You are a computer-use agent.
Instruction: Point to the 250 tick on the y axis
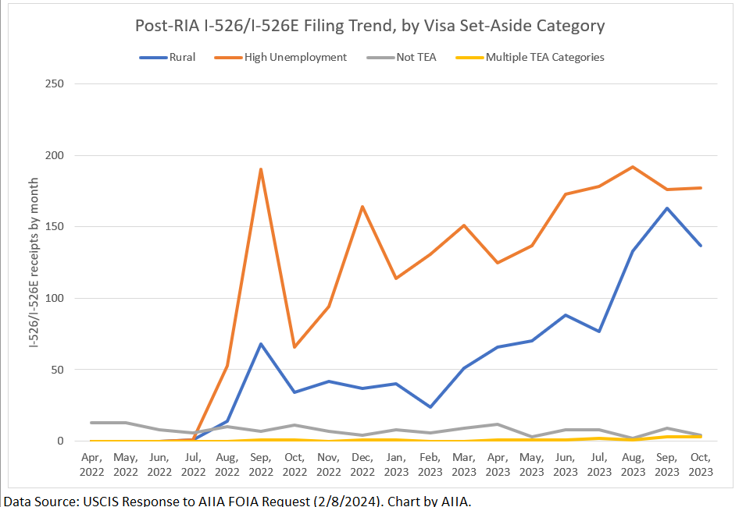pyautogui.click(x=55, y=84)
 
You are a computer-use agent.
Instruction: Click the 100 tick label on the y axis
pyautogui.click(x=55, y=299)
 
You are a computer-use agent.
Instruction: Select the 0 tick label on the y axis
pyautogui.click(x=60, y=441)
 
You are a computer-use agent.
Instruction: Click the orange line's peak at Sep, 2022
pyautogui.click(x=261, y=169)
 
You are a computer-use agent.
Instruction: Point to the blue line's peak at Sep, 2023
pyautogui.click(x=667, y=208)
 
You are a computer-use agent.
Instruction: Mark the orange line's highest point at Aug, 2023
pyautogui.click(x=633, y=167)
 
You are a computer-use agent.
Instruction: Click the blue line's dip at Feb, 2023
pyautogui.click(x=430, y=407)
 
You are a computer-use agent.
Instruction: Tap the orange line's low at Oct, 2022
pyautogui.click(x=294, y=347)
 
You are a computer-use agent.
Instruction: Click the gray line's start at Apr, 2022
pyautogui.click(x=91, y=423)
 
